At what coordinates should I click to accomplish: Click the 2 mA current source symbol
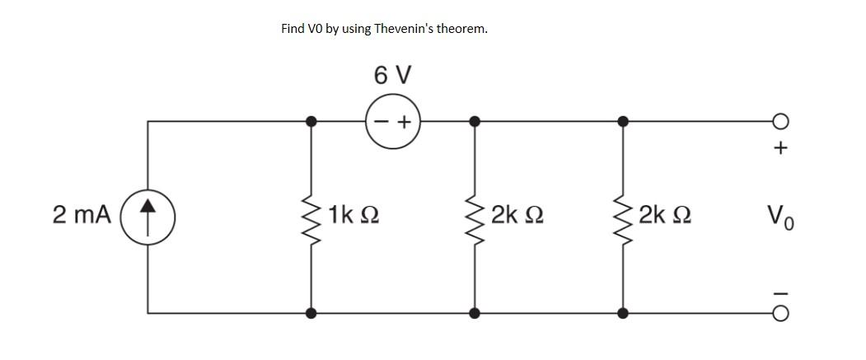[147, 216]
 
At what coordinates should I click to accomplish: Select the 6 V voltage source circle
[393, 121]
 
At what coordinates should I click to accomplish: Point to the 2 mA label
[82, 215]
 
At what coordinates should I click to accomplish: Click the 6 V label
[393, 76]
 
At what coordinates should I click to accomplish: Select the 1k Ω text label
[353, 216]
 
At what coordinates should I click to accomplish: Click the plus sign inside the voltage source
[405, 122]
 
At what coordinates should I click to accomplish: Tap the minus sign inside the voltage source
[382, 122]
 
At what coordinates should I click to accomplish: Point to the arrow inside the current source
[147, 215]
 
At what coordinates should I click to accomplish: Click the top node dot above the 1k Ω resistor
[311, 121]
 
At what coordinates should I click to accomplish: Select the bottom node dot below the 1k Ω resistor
[311, 312]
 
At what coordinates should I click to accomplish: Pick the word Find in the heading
[293, 28]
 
